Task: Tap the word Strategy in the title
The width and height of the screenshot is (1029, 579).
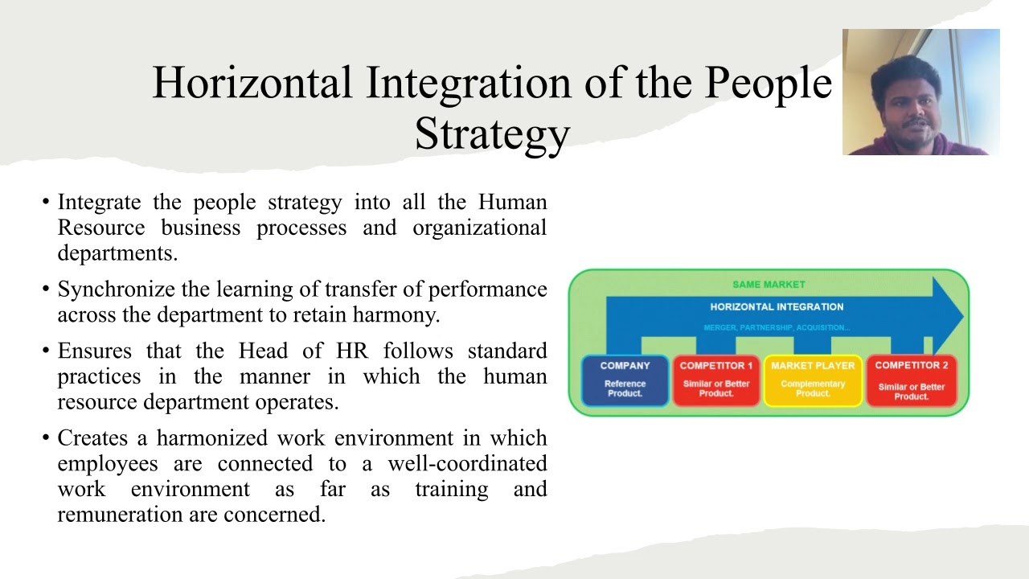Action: coord(492,133)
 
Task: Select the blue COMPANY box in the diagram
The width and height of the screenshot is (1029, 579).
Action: coord(625,380)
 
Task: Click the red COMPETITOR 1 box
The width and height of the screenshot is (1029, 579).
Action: coord(715,380)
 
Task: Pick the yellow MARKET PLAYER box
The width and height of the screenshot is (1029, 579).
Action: coord(813,380)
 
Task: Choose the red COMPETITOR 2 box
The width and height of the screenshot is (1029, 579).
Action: coord(911,380)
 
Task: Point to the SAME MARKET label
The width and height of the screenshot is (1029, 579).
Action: coord(769,285)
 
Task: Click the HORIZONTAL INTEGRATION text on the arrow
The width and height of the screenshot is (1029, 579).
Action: coord(777,306)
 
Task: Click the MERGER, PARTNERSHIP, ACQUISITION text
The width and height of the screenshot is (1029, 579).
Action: coord(777,328)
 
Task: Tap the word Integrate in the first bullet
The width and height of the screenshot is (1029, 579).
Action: coord(99,202)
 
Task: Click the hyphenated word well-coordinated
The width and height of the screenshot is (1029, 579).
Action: coord(466,464)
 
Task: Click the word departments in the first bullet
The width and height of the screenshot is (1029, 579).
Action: coord(117,253)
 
